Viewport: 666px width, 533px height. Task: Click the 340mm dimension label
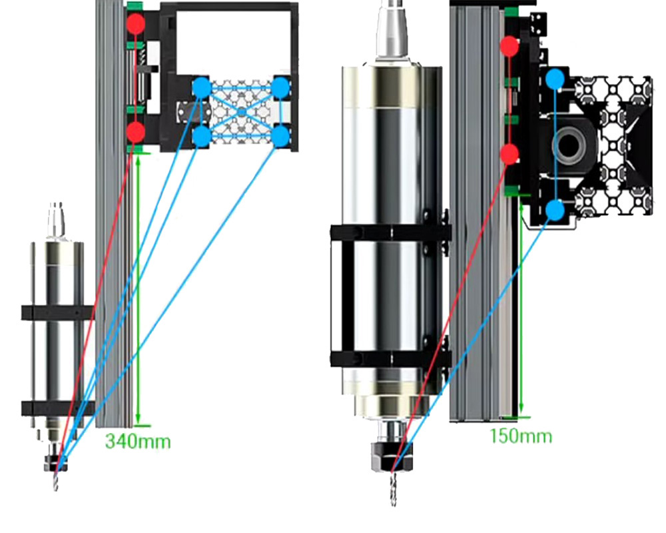click(138, 441)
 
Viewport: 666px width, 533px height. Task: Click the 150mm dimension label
click(521, 436)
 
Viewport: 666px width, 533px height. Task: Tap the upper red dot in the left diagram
click(136, 23)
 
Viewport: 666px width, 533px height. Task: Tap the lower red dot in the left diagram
click(136, 131)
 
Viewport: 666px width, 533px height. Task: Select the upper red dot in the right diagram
click(509, 46)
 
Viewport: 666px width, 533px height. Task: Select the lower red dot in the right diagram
click(509, 155)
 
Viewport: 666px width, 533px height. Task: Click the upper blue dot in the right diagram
click(555, 79)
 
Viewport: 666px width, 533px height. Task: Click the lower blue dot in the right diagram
click(555, 211)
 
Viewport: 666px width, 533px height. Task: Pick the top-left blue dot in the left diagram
click(201, 87)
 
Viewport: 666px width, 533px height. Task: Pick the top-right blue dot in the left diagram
click(281, 87)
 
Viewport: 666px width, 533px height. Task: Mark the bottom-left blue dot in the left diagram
click(201, 137)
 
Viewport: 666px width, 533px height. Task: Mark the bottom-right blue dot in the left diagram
click(281, 137)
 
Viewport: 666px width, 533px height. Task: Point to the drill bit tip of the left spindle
click(55, 488)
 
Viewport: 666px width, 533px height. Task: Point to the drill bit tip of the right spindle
click(394, 501)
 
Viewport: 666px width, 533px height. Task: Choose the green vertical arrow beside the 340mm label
click(137, 286)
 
